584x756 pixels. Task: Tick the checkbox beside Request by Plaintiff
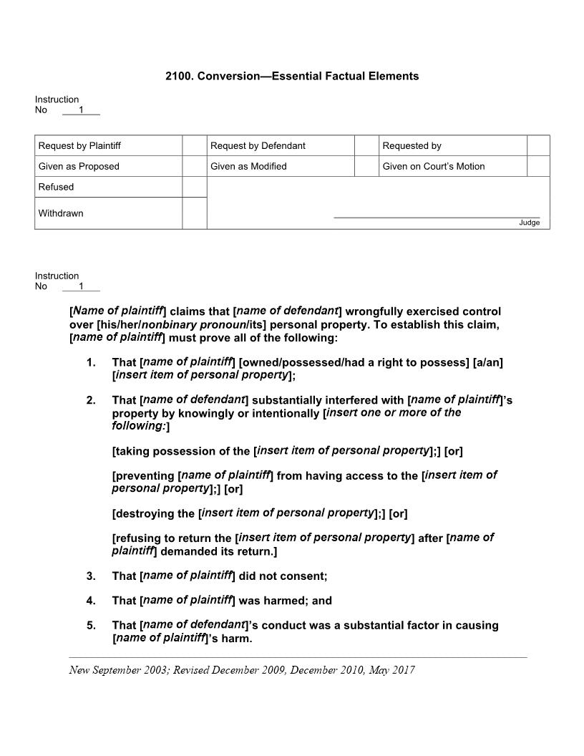click(194, 145)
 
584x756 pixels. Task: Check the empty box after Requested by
click(538, 145)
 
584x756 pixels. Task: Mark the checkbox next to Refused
click(194, 187)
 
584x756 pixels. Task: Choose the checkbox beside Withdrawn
click(194, 213)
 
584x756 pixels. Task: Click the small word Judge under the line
click(529, 223)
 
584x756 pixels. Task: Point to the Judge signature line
click(437, 217)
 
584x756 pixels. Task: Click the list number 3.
click(91, 576)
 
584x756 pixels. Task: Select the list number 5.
click(91, 625)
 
